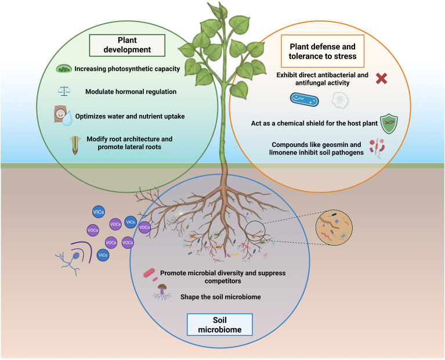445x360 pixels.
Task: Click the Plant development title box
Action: (127, 45)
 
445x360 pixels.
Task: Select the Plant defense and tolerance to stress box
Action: (323, 51)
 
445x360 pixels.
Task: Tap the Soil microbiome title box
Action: (220, 325)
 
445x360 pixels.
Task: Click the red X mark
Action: (381, 78)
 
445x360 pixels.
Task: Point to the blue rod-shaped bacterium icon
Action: (304, 100)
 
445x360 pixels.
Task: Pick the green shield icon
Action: (389, 124)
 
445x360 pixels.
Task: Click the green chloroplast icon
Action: (64, 69)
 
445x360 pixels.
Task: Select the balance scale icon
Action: (64, 91)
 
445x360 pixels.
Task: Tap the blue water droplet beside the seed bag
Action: (67, 118)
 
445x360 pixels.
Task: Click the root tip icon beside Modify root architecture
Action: (75, 145)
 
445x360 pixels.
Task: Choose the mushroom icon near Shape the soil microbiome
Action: (162, 292)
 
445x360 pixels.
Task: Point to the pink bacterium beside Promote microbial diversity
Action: (149, 273)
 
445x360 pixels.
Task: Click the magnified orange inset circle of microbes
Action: (334, 228)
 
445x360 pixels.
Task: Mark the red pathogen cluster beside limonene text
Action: (377, 147)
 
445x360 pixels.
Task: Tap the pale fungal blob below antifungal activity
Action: (341, 100)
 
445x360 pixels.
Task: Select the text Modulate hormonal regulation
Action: (131, 92)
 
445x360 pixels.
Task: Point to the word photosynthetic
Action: (131, 69)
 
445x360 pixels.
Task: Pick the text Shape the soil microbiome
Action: (220, 297)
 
